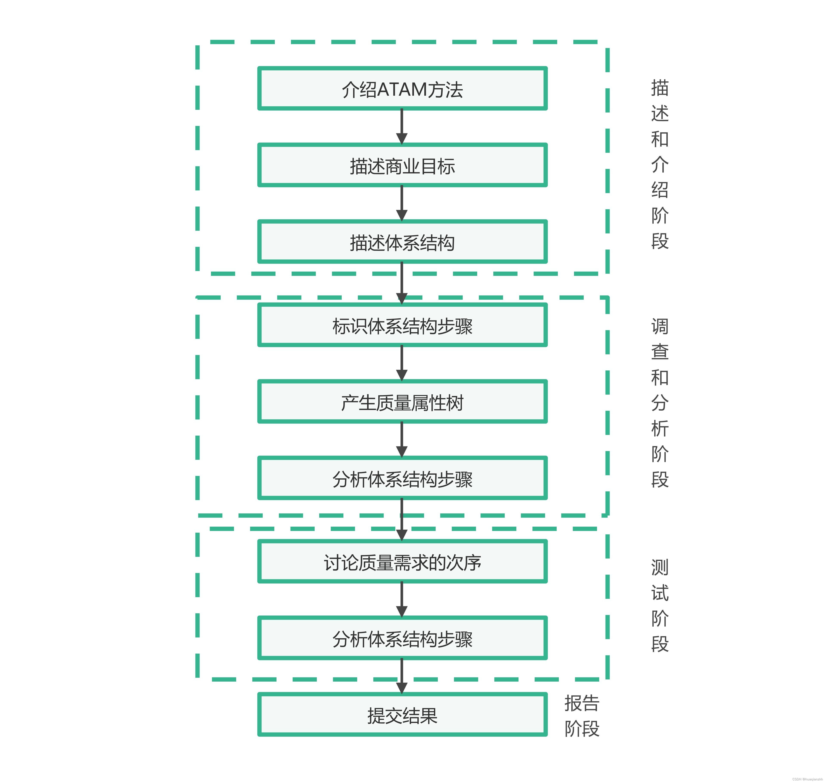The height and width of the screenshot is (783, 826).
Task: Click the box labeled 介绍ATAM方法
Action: click(x=402, y=89)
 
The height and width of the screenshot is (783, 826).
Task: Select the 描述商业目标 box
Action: click(x=402, y=165)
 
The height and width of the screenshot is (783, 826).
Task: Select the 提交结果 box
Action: click(x=402, y=715)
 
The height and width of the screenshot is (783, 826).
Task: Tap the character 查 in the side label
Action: click(x=660, y=352)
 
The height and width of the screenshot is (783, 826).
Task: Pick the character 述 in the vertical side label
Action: click(x=660, y=113)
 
